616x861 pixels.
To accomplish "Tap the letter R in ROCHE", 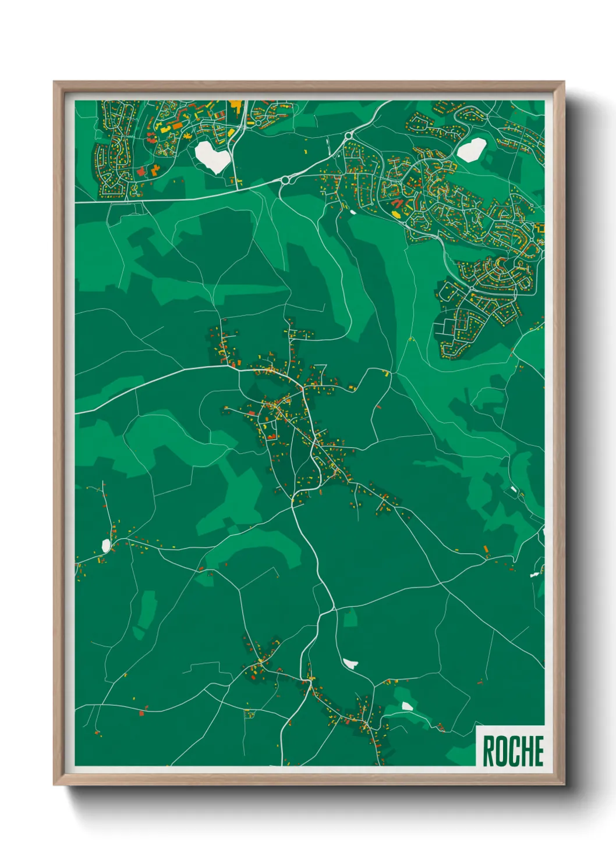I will pyautogui.click(x=488, y=751).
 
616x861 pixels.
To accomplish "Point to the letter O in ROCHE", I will pyautogui.click(x=501, y=751).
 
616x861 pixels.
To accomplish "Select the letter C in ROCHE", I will pyautogui.click(x=513, y=751).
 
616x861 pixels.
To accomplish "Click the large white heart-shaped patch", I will pyautogui.click(x=213, y=155).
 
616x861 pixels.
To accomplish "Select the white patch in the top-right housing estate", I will pyautogui.click(x=471, y=150).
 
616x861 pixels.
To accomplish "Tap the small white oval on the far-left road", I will pyautogui.click(x=106, y=545).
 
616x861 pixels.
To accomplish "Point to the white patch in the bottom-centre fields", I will pyautogui.click(x=351, y=663).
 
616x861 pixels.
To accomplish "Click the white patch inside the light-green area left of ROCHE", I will pyautogui.click(x=407, y=706).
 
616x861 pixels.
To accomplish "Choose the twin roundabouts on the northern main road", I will pyautogui.click(x=285, y=180).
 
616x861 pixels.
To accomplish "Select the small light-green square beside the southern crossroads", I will pyautogui.click(x=350, y=618).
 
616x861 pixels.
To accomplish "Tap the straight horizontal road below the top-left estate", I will pyautogui.click(x=175, y=199).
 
